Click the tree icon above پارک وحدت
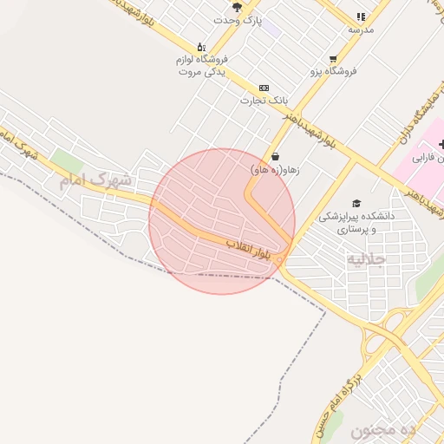point(237,7)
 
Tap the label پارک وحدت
point(238,19)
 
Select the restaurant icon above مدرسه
point(361,16)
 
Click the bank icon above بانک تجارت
point(264,88)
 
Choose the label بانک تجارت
point(264,101)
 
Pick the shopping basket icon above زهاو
point(275,157)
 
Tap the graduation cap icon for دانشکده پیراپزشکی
point(356,202)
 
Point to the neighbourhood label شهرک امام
point(98,180)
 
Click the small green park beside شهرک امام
point(67,161)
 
